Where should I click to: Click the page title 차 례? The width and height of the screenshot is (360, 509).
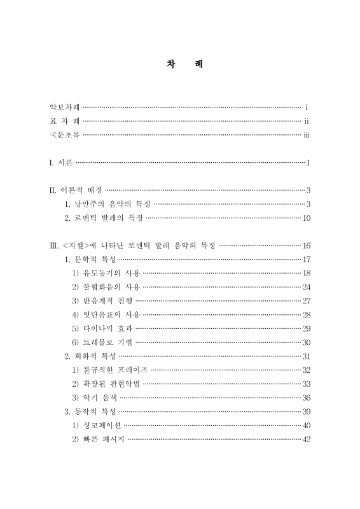[179, 65]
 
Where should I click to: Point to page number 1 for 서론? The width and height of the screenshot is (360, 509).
[308, 163]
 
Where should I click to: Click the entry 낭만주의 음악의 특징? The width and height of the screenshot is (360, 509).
[107, 204]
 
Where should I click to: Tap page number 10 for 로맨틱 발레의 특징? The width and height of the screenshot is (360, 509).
[306, 218]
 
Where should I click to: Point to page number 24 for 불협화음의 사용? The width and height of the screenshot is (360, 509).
[306, 287]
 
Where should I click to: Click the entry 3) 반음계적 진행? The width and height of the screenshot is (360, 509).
[103, 300]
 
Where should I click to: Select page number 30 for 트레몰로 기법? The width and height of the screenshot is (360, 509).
[306, 342]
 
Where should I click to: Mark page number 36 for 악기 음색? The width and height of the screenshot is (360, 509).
[306, 397]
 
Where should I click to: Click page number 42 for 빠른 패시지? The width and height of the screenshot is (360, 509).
[306, 438]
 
